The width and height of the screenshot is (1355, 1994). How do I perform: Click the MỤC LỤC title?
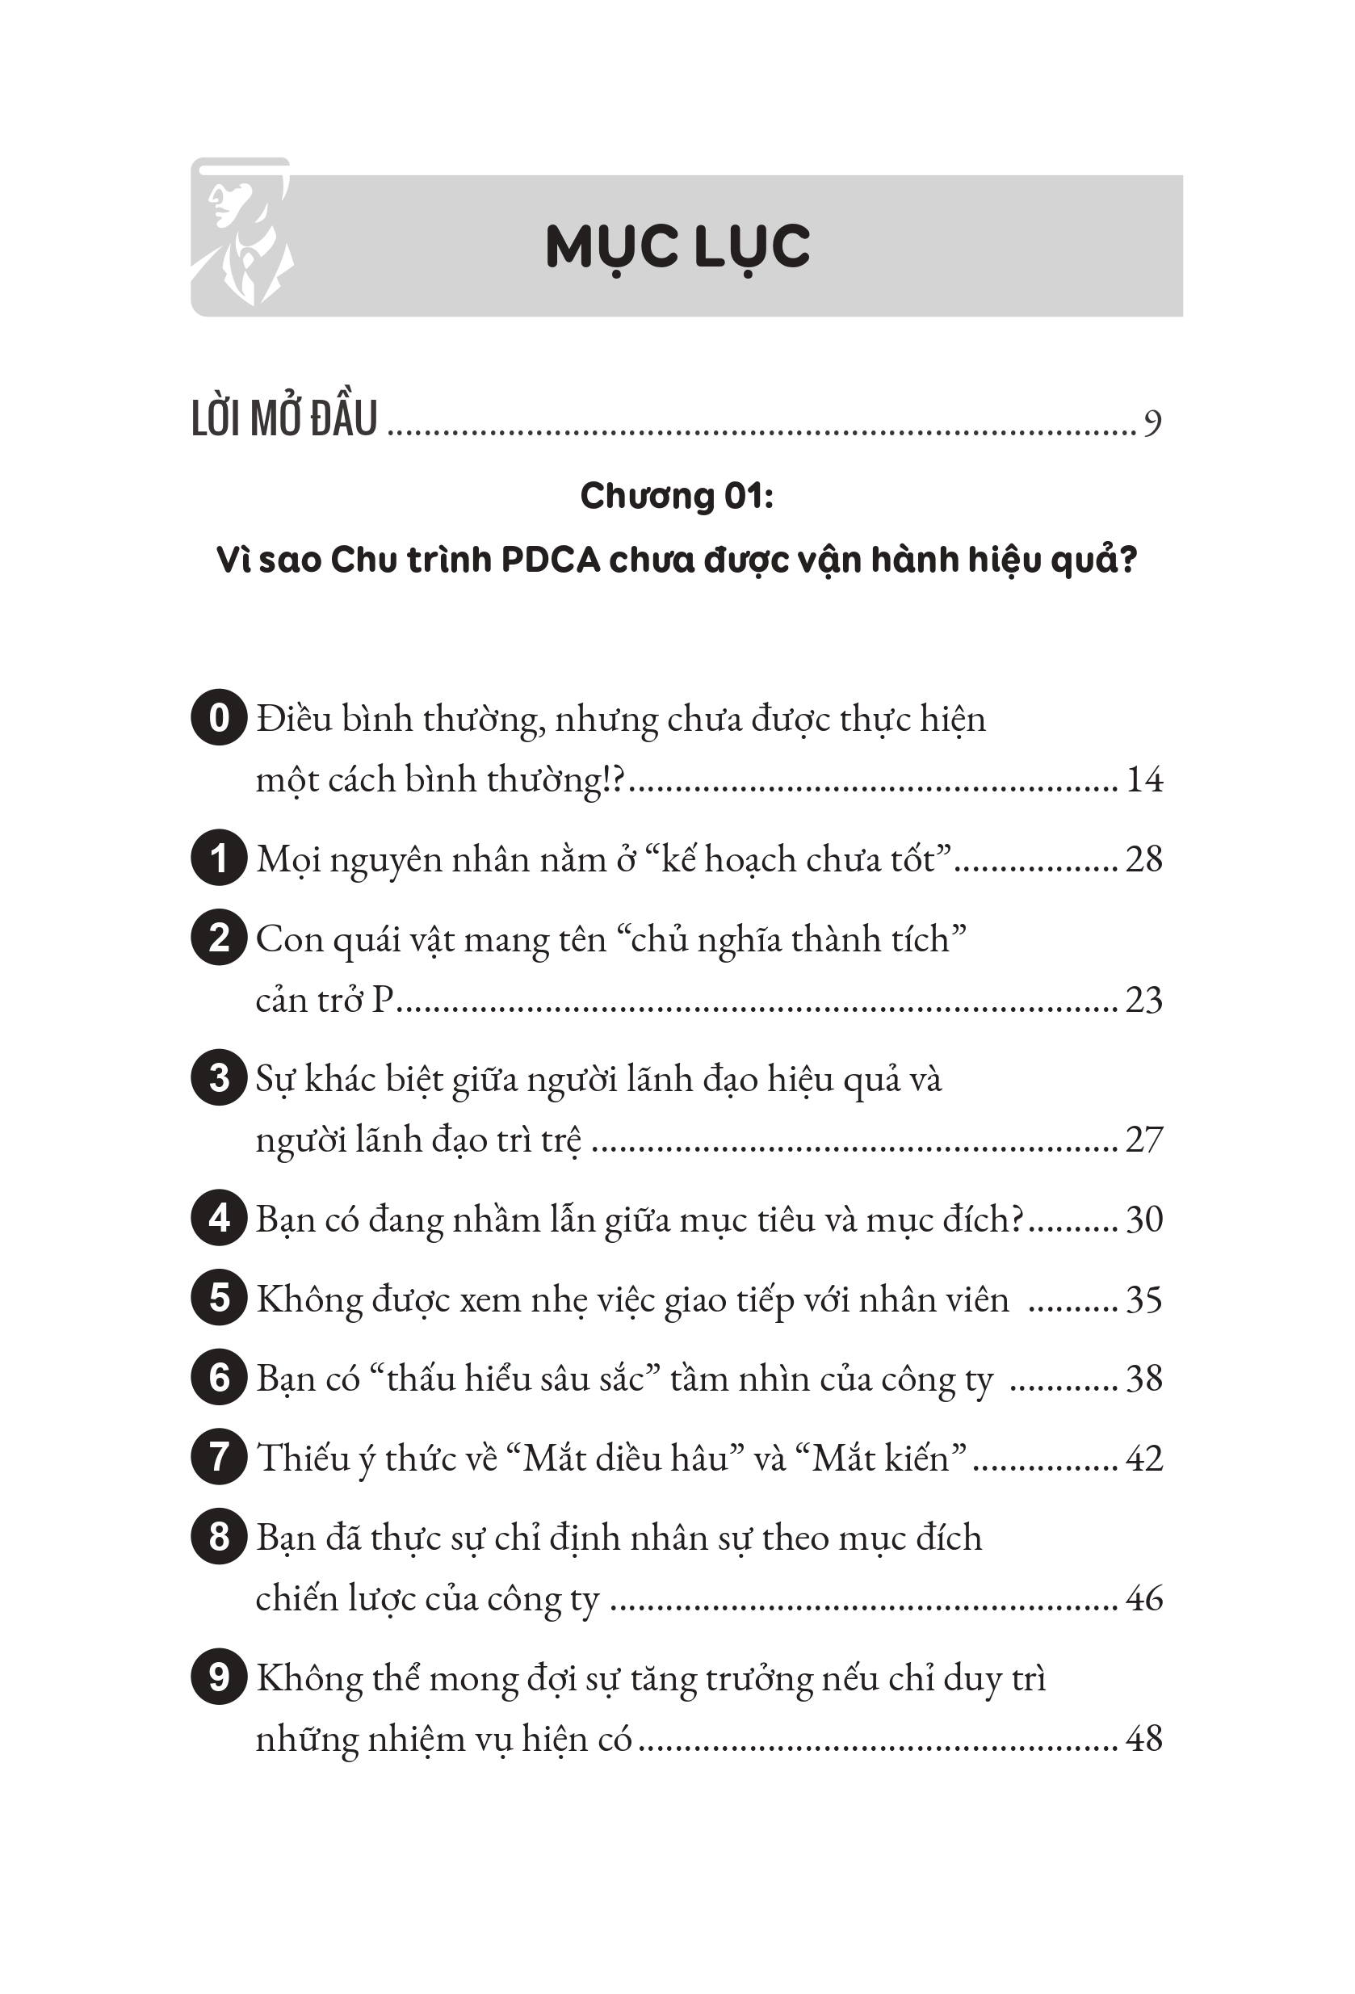677,247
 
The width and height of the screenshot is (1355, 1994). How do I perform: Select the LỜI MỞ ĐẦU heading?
284,420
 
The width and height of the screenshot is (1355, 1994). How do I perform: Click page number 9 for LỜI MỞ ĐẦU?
1152,422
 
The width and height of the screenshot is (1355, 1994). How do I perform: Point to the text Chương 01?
676,496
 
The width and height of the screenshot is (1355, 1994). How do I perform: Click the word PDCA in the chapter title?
550,560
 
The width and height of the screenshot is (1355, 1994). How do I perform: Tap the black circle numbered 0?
219,717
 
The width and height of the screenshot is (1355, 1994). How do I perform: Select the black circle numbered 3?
219,1077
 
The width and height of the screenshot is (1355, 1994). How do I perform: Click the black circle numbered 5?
219,1298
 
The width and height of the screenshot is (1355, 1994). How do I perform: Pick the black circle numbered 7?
219,1457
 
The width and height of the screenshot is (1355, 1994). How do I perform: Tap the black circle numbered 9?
219,1677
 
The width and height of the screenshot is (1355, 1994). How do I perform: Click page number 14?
1144,779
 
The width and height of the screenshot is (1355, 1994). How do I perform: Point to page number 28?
1144,858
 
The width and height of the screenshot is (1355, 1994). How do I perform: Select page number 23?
1144,1000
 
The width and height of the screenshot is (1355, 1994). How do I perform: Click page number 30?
1144,1219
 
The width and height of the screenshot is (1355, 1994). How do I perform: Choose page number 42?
1144,1458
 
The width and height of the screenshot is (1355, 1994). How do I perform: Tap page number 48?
1144,1738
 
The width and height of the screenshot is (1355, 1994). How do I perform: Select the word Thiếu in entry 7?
300,1458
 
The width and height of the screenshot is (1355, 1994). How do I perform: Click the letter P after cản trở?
383,1000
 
